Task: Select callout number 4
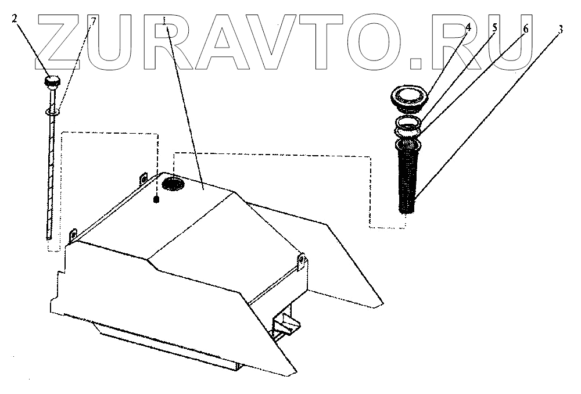coord(467,27)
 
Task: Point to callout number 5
coord(495,27)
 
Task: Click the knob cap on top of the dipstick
coord(52,81)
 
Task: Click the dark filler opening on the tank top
coord(173,184)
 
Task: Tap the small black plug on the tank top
coord(156,200)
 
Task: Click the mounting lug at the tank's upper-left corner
coord(142,178)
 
